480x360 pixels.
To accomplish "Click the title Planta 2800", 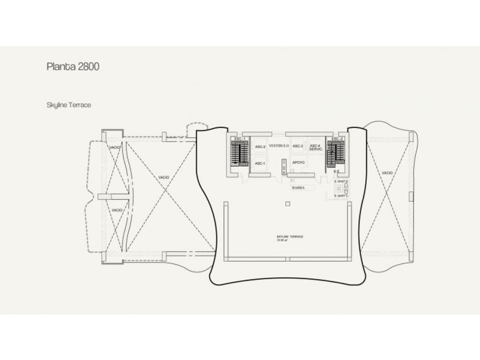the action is tap(73, 67).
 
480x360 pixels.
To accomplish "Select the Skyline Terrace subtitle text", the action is tap(69, 105).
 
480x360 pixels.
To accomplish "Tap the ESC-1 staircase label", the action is tap(239, 139).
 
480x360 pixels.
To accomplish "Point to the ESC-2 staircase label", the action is tap(337, 139).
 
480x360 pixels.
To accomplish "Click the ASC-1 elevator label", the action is tap(259, 163).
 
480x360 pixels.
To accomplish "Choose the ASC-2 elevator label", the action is tap(259, 147).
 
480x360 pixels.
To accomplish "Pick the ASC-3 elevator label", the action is tap(298, 146).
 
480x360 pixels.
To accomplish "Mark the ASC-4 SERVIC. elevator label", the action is tap(315, 148).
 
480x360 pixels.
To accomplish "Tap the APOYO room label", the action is tap(298, 163).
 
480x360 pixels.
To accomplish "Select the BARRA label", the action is tap(297, 187).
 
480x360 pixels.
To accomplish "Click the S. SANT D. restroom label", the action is tap(341, 182).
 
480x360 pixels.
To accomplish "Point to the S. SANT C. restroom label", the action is tap(341, 196).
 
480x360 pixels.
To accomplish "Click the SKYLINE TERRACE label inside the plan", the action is tap(289, 237).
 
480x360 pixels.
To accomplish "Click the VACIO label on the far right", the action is tap(387, 173).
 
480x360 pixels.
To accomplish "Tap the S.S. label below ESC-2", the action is tap(337, 171).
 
